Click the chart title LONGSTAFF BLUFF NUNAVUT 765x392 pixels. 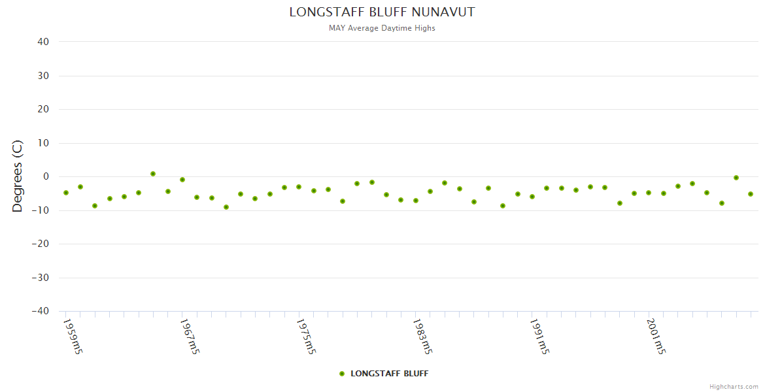coord(382,12)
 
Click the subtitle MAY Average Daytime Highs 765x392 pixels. coord(382,28)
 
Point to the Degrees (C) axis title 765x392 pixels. coord(18,176)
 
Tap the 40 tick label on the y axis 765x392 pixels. coord(43,42)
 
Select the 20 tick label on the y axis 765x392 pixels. coord(43,109)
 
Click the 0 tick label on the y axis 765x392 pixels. coord(46,176)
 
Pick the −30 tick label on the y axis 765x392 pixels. coord(41,278)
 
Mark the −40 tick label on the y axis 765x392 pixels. coord(41,311)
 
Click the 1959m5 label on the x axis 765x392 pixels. coord(73,336)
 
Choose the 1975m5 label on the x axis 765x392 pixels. coord(306,336)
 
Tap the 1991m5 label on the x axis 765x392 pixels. coord(539,336)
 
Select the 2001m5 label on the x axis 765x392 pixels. coord(656,336)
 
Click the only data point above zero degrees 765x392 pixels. coord(153,174)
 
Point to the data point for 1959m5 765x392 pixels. coord(65,193)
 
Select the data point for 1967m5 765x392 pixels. coord(182,180)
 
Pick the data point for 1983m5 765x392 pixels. coord(416,201)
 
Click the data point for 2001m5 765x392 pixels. coord(649,193)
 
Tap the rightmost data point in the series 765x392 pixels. coord(751,194)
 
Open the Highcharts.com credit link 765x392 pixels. coord(734,387)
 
